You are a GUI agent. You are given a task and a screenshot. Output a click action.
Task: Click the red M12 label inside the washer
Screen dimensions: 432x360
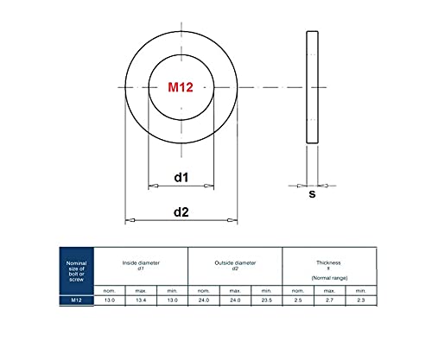point(181,87)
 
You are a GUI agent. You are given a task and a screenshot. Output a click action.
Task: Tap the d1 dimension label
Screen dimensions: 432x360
point(181,177)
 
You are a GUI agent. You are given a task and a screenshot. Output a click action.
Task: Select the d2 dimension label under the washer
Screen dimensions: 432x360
point(181,212)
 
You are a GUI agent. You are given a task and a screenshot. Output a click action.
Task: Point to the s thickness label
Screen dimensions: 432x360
point(312,194)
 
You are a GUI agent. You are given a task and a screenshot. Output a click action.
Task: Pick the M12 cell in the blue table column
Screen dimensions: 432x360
point(76,300)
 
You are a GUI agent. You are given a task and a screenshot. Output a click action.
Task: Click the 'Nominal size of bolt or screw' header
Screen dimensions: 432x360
point(76,271)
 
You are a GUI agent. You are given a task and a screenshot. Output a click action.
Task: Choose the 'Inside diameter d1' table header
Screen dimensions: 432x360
point(141,265)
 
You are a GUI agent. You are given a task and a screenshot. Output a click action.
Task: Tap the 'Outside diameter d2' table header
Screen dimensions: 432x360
point(235,265)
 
